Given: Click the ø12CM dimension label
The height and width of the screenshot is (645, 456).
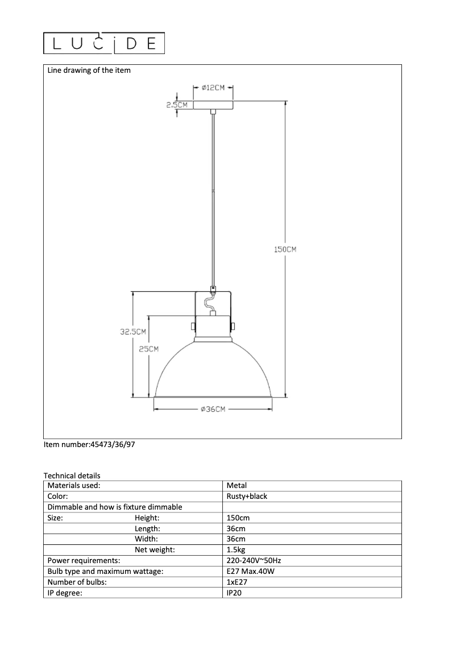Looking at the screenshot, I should tap(213, 88).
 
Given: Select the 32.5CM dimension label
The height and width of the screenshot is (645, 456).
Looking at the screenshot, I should tap(133, 332).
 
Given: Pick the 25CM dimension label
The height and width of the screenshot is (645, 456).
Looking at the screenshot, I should tap(149, 349).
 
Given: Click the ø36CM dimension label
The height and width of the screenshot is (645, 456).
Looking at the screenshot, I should tap(213, 409).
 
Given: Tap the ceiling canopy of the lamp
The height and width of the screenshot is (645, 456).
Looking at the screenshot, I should tap(213, 105).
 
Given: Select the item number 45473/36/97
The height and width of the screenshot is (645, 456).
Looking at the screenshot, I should tap(89, 445).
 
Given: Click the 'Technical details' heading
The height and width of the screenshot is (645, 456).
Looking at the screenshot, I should tap(72, 476).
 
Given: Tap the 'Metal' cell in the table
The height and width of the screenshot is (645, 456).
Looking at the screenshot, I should tap(237, 486).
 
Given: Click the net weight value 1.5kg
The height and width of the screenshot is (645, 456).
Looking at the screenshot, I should tap(236, 550).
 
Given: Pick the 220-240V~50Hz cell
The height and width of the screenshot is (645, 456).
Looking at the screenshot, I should tap(254, 561).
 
